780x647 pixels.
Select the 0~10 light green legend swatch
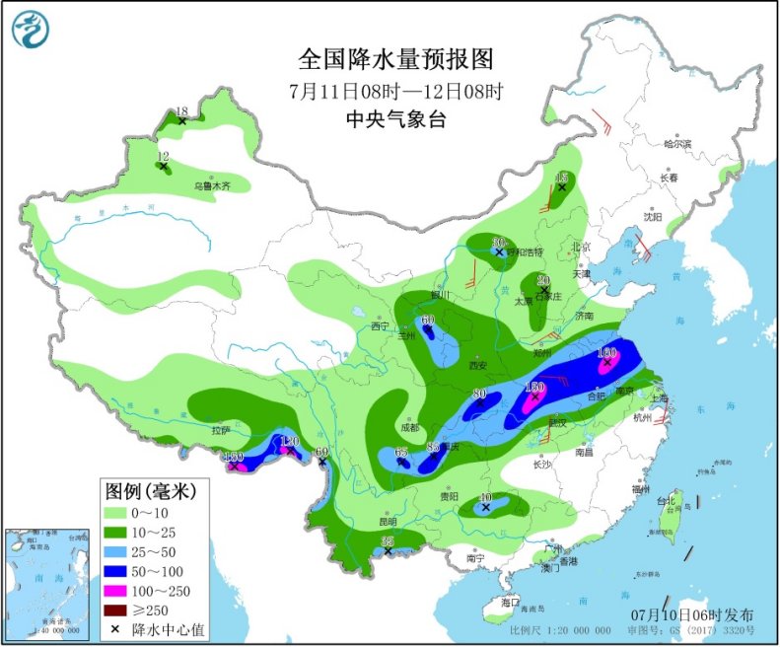coord(119,513)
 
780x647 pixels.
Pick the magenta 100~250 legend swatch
coord(119,590)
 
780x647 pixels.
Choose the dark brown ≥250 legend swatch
coord(119,610)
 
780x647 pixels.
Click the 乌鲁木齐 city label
coord(211,185)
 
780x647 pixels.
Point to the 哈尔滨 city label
coord(678,144)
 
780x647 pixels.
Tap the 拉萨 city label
coord(219,431)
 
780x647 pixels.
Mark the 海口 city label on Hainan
coord(509,601)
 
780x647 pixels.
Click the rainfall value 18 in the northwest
coord(181,111)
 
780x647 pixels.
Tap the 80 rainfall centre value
coord(480,394)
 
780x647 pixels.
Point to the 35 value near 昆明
coord(388,540)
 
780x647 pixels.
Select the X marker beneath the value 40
coord(485,508)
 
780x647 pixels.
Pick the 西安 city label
coord(479,365)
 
